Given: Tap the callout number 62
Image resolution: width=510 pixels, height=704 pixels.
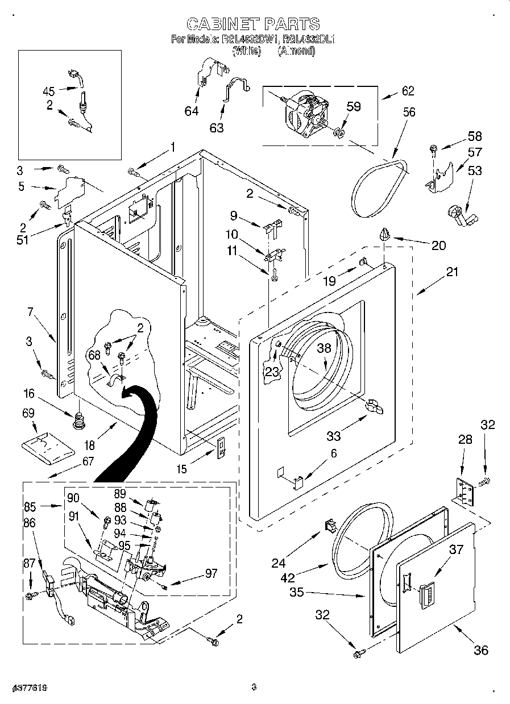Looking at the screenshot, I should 408,91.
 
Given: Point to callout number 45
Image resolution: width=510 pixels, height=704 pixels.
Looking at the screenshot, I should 49,90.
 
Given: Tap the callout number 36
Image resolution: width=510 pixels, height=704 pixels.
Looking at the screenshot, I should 480,650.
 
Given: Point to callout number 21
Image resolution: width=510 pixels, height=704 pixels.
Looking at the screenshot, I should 452,272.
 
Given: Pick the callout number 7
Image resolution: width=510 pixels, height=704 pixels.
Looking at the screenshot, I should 30,311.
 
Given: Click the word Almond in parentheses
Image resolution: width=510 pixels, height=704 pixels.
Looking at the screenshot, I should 296,51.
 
